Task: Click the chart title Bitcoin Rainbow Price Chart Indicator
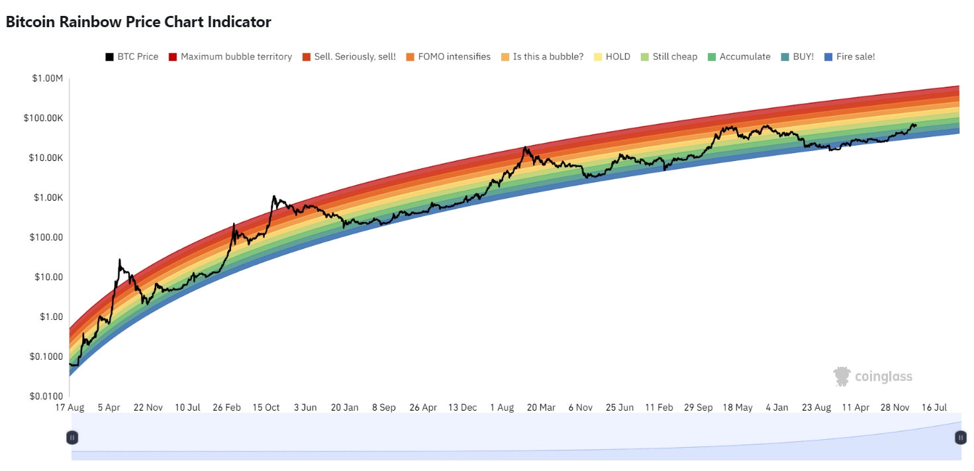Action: (x=138, y=22)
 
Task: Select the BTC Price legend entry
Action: (x=132, y=57)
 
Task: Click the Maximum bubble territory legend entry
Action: (x=230, y=57)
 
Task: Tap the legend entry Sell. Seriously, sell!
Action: (x=348, y=57)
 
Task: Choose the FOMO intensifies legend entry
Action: (x=448, y=57)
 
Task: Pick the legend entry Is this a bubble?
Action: (x=542, y=57)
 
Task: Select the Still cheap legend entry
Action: (x=668, y=57)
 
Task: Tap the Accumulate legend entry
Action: (x=739, y=57)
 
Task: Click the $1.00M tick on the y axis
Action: (x=47, y=79)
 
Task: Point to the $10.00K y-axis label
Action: (x=46, y=158)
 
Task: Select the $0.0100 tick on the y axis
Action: (x=47, y=396)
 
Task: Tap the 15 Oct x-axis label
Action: (x=266, y=407)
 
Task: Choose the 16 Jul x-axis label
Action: (x=934, y=407)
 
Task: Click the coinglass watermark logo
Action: (x=872, y=376)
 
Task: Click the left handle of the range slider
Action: (x=72, y=437)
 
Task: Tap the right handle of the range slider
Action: (x=960, y=437)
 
